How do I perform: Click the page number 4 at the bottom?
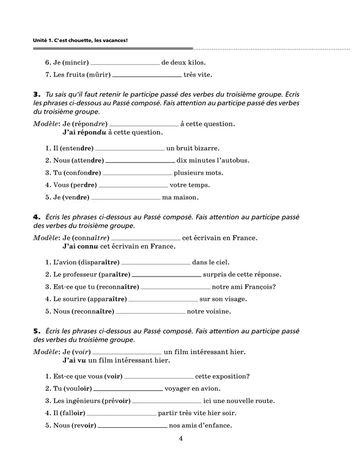[181, 439]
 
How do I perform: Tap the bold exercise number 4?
[37, 218]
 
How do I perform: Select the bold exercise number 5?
[37, 331]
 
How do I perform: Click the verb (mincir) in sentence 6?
[74, 63]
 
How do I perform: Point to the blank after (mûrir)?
[147, 75]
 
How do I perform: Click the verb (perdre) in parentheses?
[83, 185]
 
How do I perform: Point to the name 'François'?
[260, 287]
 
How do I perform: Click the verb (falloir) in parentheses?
[70, 413]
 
